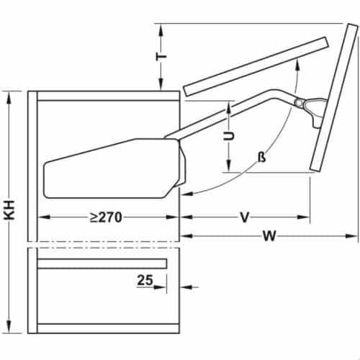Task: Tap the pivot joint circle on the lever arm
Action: tap(299, 102)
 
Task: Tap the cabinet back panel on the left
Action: tap(32, 216)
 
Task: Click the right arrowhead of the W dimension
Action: tap(353, 234)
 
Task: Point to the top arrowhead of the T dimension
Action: tap(162, 28)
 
